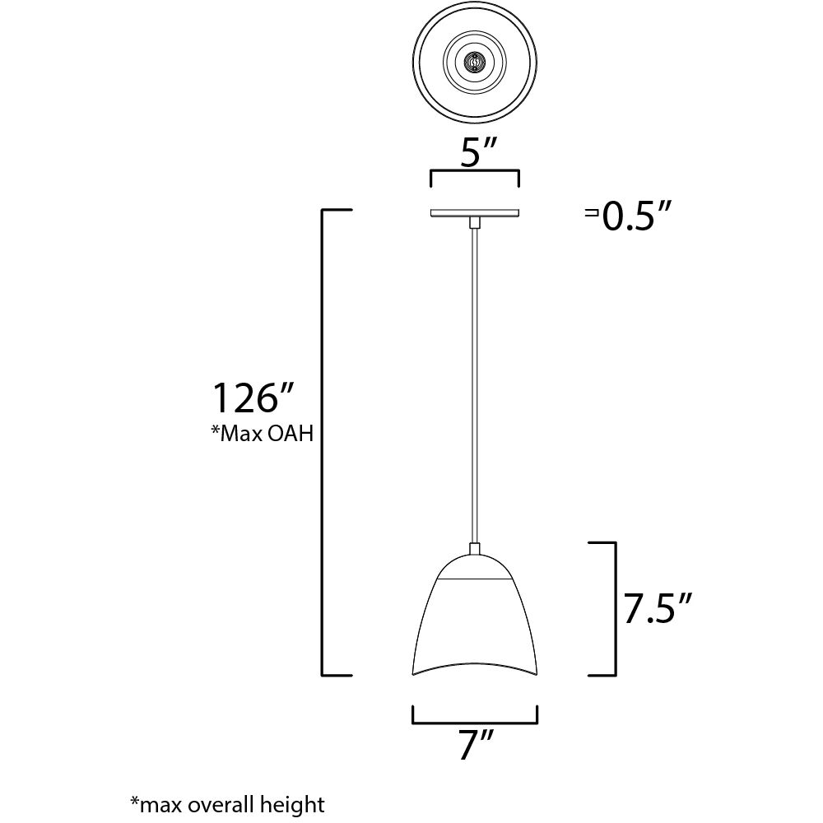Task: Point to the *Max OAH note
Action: [263, 434]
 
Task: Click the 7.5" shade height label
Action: [656, 611]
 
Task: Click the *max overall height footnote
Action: [227, 803]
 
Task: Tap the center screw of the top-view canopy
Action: [474, 63]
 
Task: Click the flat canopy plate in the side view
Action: [474, 213]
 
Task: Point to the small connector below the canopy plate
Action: [474, 222]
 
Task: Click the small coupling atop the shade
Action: [474, 549]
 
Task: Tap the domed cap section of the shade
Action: [474, 568]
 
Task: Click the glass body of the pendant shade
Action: [474, 625]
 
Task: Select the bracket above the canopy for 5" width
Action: [474, 172]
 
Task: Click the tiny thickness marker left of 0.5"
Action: [590, 214]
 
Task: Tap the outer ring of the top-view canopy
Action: [422, 63]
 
